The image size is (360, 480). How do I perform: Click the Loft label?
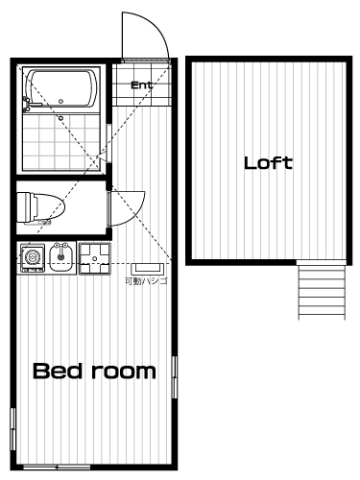(x=268, y=163)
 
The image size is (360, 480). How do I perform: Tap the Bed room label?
(x=94, y=372)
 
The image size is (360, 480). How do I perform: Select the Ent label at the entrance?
(x=141, y=85)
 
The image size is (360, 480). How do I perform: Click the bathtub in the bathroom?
(x=61, y=89)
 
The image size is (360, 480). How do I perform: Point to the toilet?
(x=40, y=208)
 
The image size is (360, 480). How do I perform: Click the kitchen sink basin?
(x=61, y=258)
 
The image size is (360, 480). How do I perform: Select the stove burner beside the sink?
(x=32, y=258)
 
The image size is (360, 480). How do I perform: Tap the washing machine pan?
(x=94, y=258)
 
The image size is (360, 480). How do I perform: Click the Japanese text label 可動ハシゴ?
(x=146, y=281)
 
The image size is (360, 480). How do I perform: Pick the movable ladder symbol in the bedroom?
(x=147, y=268)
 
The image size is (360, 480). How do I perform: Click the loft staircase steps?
(x=322, y=290)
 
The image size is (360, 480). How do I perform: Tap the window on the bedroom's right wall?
(x=175, y=377)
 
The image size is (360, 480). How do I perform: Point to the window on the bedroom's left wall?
(x=12, y=429)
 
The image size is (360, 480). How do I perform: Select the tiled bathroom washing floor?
(x=61, y=141)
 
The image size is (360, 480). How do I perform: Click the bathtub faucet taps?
(x=28, y=105)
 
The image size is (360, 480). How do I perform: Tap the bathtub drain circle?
(x=60, y=101)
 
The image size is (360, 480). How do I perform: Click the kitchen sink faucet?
(x=61, y=247)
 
